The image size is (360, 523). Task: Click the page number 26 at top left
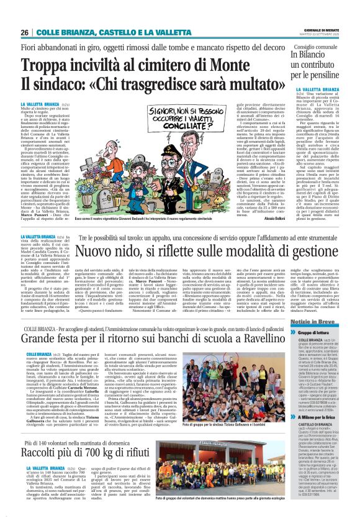24,32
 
